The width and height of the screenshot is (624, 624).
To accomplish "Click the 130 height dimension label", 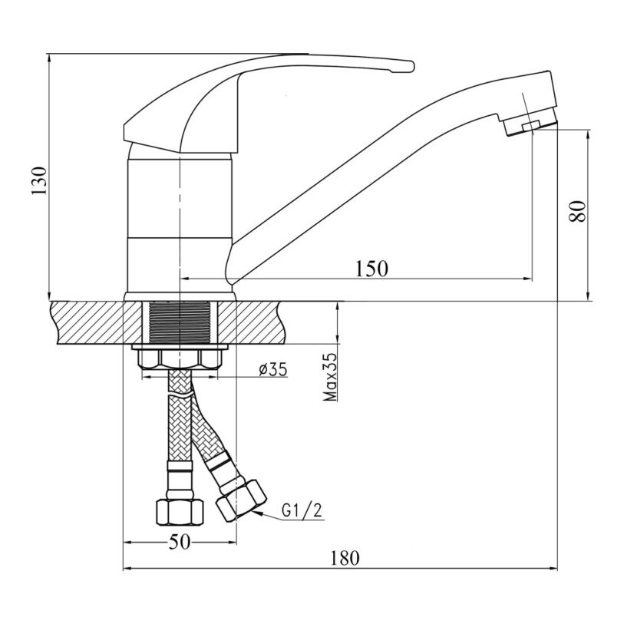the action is point(39,181).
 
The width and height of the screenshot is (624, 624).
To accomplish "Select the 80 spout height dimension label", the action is point(577,211).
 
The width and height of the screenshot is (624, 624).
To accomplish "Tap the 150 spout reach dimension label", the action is point(371,269).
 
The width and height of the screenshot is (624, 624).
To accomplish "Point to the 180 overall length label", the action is point(345,558).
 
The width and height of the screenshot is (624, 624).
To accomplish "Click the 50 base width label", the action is point(180,542).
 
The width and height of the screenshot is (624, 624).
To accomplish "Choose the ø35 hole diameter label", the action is point(273,369).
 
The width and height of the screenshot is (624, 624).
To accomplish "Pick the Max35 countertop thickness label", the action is point(330,377).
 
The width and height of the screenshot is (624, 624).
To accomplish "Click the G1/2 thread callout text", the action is point(302,510).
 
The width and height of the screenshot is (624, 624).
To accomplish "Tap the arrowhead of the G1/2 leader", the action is point(256,513).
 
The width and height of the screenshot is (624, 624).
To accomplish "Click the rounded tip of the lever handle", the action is point(410,66).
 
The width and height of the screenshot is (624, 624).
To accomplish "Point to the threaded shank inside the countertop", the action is point(180,322).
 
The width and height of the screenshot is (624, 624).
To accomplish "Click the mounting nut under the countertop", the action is point(180,358).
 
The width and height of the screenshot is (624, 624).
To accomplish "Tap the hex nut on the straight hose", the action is point(179,513).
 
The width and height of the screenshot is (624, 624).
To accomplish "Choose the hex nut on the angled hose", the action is point(241,500).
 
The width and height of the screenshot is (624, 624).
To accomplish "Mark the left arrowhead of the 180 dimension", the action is point(127,569).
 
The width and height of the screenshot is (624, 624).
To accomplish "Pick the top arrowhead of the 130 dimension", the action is point(48,58).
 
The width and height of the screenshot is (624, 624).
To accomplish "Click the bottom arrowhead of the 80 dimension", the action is point(588,296).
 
